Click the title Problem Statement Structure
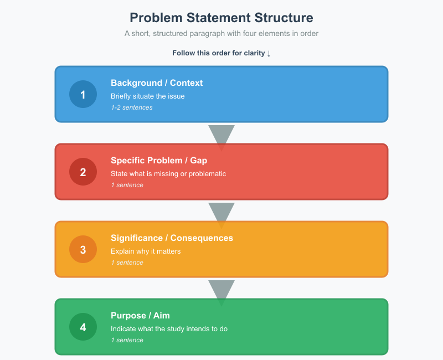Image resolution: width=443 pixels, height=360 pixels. (221, 18)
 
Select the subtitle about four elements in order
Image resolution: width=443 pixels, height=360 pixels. (221, 33)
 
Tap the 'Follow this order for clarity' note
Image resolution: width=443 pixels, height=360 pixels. (221, 53)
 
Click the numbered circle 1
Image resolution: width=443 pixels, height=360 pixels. (83, 94)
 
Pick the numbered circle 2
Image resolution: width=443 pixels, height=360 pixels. (83, 172)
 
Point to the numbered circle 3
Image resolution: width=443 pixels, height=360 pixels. (83, 249)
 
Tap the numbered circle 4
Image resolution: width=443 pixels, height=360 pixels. (83, 327)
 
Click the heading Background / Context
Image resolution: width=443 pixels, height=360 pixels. (157, 83)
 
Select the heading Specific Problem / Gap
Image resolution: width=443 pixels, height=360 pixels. (159, 161)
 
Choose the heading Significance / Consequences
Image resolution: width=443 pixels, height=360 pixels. (172, 238)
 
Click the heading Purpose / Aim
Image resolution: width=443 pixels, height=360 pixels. (140, 316)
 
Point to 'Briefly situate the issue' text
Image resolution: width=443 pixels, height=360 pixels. (148, 96)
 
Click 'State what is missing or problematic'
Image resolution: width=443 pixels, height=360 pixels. (168, 173)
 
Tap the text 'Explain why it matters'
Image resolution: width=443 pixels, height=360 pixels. (146, 251)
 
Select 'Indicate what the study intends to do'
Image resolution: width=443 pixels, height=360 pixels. (169, 328)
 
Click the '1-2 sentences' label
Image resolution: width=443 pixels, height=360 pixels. (131, 107)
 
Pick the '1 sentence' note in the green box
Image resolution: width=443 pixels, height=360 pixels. (127, 340)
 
